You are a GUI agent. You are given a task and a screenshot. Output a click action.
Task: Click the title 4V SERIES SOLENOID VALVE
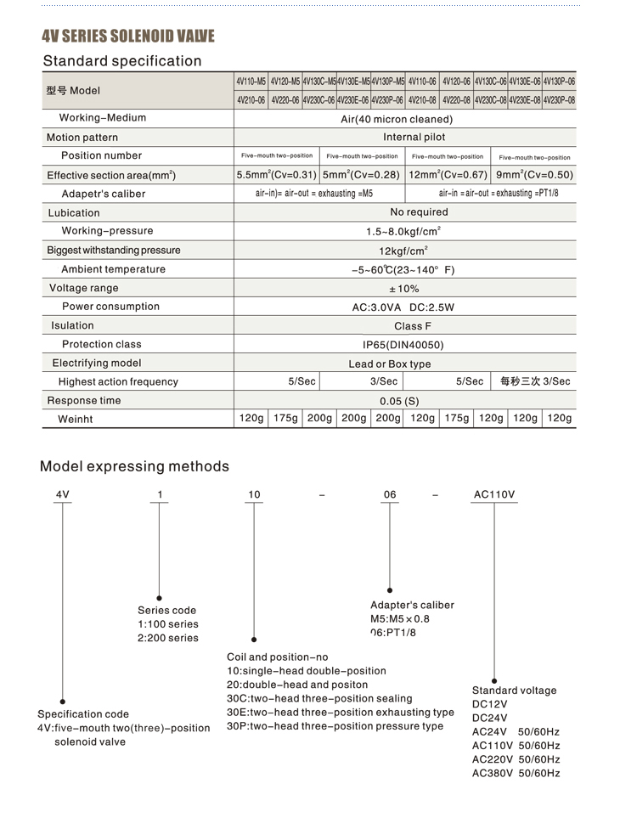[128, 36]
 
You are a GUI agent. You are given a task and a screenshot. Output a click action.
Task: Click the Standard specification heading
[122, 61]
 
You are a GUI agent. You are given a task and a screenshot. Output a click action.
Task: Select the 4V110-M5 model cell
[251, 82]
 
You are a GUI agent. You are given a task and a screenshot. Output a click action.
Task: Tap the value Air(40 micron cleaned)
[404, 119]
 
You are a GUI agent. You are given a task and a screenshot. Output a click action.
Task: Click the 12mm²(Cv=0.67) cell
[448, 175]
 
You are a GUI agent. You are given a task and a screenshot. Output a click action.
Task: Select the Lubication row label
[74, 213]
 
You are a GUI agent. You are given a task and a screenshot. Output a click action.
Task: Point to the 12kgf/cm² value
[403, 251]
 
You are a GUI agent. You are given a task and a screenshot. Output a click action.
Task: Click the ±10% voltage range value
[403, 289]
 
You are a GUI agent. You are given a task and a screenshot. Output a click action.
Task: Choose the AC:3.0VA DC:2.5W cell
[403, 307]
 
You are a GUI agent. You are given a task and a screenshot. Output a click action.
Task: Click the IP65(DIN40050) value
[403, 345]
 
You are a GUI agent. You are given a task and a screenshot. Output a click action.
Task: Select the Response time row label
[84, 401]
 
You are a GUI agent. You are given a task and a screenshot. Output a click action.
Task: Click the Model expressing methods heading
[134, 466]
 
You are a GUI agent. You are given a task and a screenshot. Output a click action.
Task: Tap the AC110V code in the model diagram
[493, 494]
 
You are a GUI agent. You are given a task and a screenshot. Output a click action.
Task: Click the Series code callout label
[166, 611]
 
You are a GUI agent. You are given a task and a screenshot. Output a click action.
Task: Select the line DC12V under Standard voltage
[489, 705]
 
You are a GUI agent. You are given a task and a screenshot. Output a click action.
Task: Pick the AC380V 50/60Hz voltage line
[516, 774]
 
